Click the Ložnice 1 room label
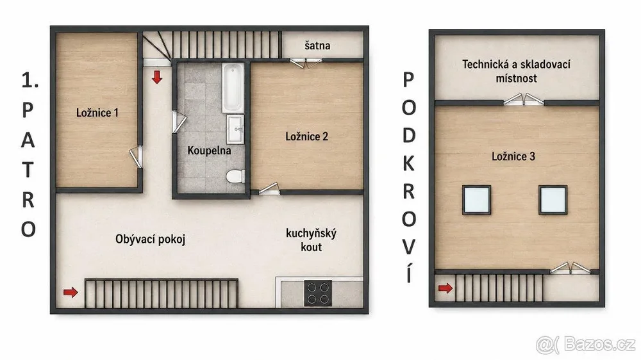(x=97, y=113)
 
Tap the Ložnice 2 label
(x=306, y=136)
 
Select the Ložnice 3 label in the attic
(x=513, y=156)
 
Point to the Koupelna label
(x=209, y=151)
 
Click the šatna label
(x=317, y=45)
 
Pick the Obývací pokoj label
(x=151, y=239)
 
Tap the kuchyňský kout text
(x=311, y=240)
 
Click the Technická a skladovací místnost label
(x=516, y=71)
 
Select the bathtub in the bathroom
(x=233, y=88)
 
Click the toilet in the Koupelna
(x=235, y=177)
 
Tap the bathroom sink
(x=235, y=129)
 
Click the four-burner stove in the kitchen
(x=318, y=293)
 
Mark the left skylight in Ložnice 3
(x=476, y=200)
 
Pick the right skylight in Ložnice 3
(x=553, y=200)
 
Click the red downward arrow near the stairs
(x=157, y=77)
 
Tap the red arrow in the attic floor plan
(x=445, y=288)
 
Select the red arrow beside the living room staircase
(x=71, y=291)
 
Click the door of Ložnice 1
(x=137, y=157)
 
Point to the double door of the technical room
(x=523, y=99)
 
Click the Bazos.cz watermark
(x=586, y=344)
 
